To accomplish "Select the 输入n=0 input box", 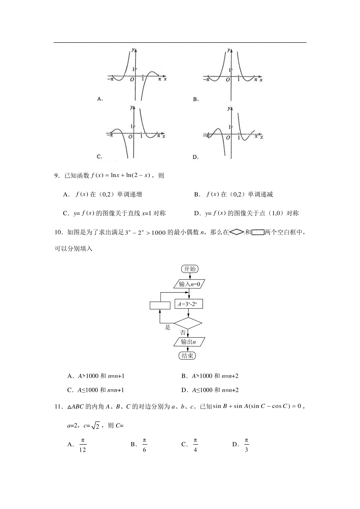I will (189, 284).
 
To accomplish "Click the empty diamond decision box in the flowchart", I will (188, 323).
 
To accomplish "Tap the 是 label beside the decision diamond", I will (168, 327).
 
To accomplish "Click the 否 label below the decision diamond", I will (183, 332).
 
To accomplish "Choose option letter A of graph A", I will (100, 99).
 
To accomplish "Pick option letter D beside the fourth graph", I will (196, 157).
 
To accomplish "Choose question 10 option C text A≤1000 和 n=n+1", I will (100, 390).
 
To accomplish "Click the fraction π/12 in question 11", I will (82, 445).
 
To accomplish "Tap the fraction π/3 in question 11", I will (246, 445).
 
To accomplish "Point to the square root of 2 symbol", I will (95, 426).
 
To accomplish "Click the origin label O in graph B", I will (228, 80).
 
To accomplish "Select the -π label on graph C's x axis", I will (110, 135).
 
